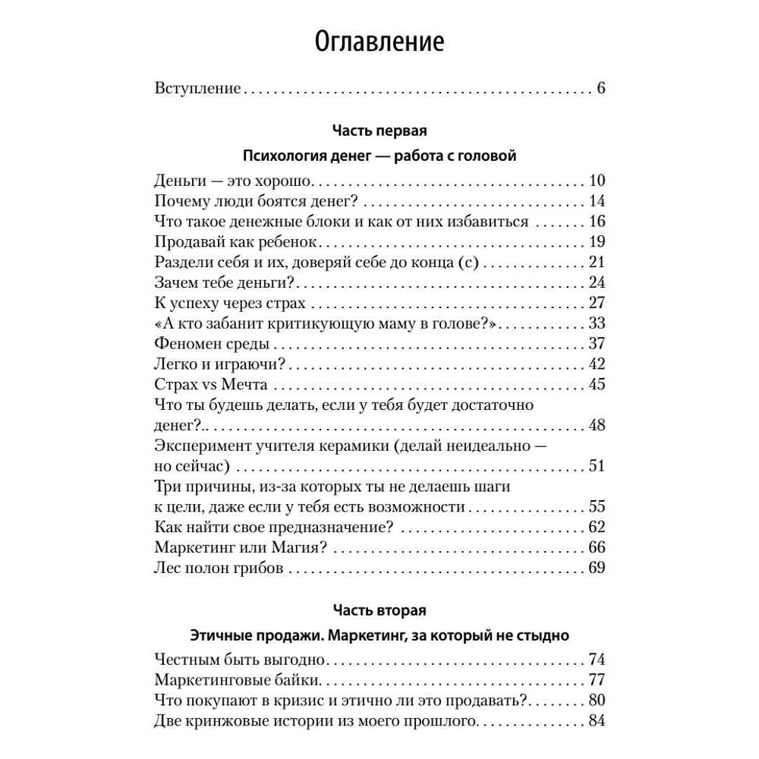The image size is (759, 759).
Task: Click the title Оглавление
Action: coord(379,41)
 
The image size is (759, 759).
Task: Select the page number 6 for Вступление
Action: coord(600,88)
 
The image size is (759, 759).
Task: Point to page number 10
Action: coord(596,181)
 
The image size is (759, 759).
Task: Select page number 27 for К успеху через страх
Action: coord(596,304)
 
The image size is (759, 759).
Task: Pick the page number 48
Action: coord(596,425)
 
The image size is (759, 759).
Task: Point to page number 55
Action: coord(596,506)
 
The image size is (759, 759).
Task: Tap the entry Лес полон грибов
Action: coord(219,568)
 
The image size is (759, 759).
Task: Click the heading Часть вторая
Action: coord(379,609)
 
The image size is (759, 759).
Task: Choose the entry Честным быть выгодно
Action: coord(239,659)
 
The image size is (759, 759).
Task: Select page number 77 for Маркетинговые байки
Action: coord(596,679)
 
